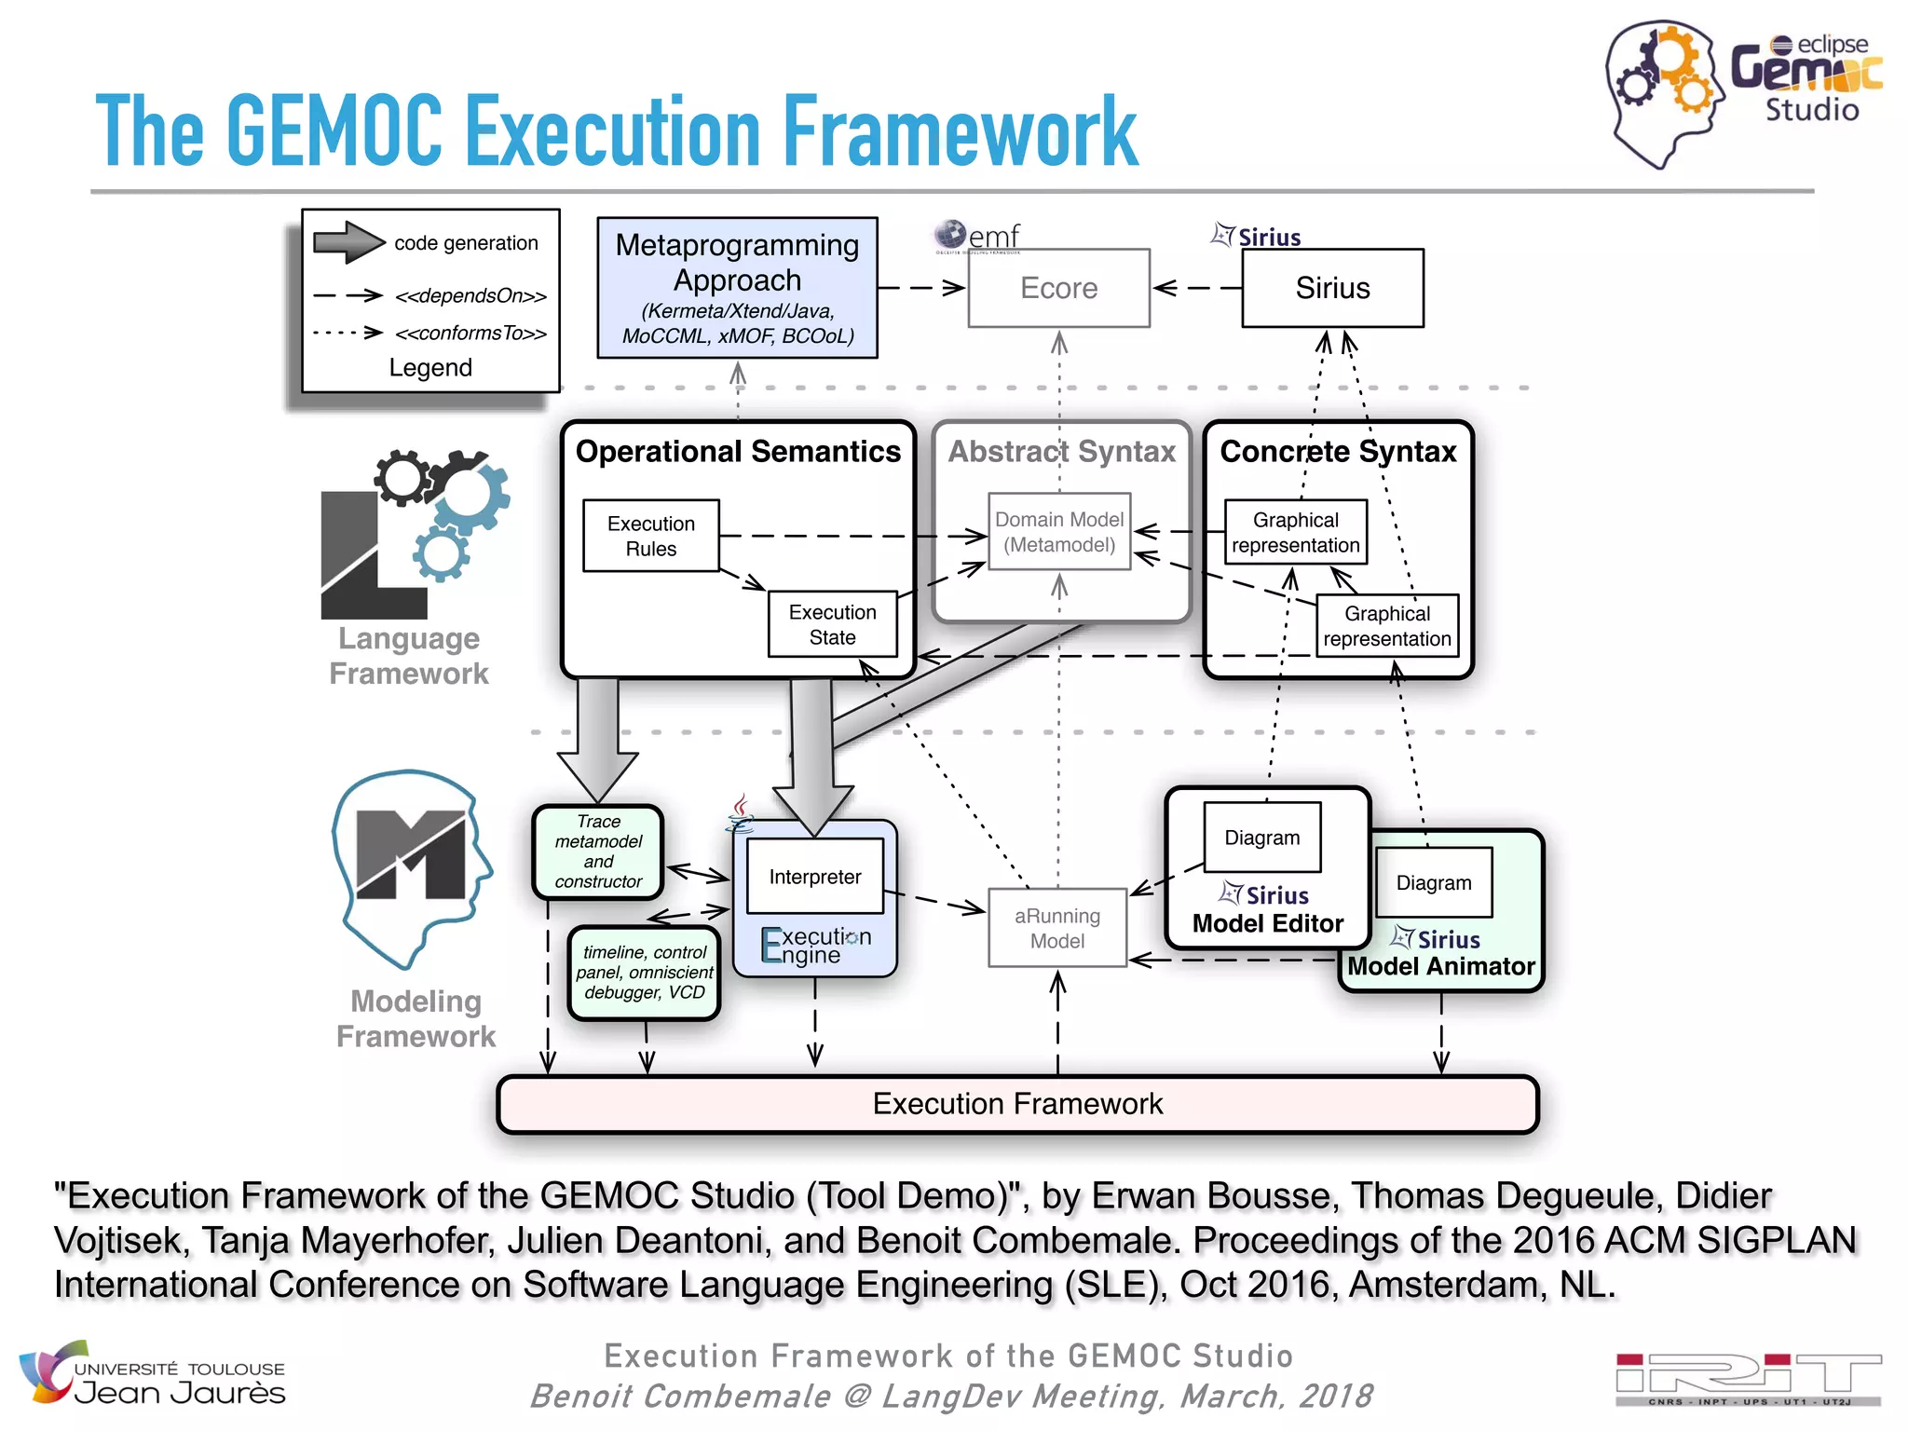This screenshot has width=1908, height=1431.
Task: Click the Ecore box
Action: (x=1058, y=288)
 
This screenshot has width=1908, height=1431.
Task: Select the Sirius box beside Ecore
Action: (x=1331, y=288)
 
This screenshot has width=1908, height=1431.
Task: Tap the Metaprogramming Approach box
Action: (x=737, y=288)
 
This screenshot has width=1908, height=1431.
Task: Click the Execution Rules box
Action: (x=650, y=536)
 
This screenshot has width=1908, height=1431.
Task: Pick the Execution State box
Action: (x=832, y=624)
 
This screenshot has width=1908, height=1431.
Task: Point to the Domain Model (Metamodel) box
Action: (x=1059, y=532)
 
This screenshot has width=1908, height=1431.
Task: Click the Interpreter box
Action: (x=814, y=876)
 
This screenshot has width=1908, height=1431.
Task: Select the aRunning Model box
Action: (x=1057, y=928)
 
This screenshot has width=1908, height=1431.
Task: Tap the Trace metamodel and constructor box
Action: (x=598, y=852)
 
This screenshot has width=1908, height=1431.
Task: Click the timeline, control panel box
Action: (x=644, y=973)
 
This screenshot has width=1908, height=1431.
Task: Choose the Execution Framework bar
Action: (x=1017, y=1104)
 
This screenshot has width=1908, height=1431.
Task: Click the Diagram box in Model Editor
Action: (x=1261, y=838)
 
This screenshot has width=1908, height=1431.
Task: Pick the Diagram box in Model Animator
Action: (x=1433, y=882)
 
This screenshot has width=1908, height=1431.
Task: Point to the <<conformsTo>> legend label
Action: (x=470, y=333)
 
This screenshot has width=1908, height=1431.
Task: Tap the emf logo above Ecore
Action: (x=978, y=236)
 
